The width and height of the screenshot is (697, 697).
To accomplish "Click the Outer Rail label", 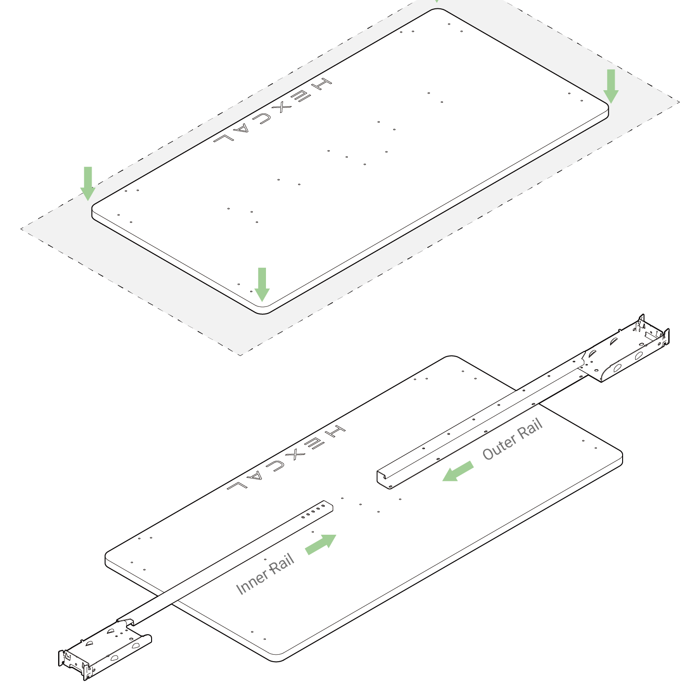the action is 512,439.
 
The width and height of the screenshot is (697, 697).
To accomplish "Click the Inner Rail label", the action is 265,574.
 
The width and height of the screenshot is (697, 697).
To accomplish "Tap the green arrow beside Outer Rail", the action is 458,471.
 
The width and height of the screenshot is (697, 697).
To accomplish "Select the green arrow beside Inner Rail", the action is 321,544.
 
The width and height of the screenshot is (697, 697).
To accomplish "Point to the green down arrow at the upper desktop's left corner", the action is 87,184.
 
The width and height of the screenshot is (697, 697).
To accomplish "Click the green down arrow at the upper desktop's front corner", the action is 262,285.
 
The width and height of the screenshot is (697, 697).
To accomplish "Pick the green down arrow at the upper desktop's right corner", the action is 611,86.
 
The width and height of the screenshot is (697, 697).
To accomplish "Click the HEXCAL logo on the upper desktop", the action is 273,111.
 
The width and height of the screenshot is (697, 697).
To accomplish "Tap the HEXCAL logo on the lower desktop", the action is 286,458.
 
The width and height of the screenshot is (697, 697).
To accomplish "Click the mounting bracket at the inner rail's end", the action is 105,649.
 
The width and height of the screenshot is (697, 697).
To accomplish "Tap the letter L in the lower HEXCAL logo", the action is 237,485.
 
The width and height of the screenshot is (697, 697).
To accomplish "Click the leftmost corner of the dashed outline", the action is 20,228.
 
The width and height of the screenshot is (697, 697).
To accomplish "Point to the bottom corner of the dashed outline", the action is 240,356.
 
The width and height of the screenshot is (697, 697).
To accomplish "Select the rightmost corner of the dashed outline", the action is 680,102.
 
